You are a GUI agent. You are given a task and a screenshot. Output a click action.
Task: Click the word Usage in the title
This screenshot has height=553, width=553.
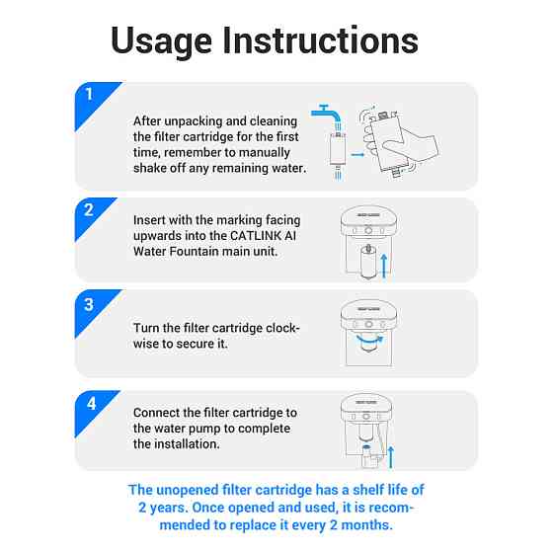[162, 41]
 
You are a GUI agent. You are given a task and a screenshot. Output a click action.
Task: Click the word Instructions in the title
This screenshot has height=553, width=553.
[320, 39]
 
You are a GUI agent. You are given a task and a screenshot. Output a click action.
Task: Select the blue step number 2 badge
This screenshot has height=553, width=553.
[91, 216]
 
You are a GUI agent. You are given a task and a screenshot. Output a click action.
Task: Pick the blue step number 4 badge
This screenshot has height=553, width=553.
[93, 410]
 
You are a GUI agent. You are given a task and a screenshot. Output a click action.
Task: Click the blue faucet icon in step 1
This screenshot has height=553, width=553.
[327, 117]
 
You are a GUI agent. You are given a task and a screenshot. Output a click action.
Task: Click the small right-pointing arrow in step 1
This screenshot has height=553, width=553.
[357, 154]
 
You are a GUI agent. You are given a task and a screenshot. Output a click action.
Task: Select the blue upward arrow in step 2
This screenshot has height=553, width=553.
[384, 266]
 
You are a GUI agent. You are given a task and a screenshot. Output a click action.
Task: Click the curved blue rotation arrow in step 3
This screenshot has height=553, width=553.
[369, 341]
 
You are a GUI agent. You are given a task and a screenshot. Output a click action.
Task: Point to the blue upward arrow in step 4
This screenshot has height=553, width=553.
[390, 456]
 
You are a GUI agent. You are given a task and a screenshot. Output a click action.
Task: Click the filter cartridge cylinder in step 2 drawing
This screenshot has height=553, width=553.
[368, 262]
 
